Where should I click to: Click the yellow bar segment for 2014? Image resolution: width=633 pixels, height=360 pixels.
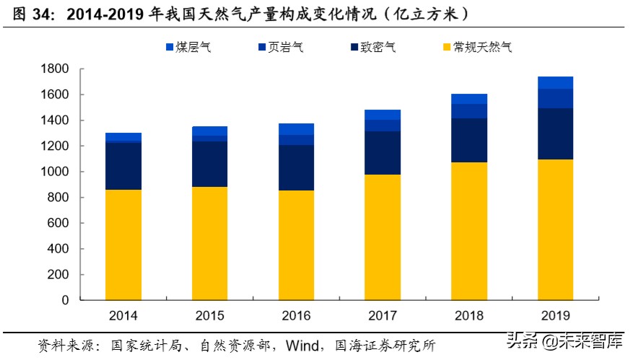[123, 245]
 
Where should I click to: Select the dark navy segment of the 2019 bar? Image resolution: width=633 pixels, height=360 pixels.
[555, 133]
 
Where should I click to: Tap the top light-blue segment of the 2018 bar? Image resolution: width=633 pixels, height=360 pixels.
[469, 99]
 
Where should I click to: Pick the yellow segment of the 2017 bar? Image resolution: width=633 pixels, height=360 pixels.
[383, 237]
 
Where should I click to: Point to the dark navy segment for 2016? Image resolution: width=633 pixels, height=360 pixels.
[296, 167]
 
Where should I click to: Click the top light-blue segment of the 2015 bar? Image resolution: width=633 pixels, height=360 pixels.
[209, 131]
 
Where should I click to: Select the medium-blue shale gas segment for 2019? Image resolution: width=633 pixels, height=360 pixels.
[555, 99]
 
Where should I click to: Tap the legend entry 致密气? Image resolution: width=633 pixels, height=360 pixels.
[374, 48]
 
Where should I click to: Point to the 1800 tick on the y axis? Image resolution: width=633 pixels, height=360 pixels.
[56, 69]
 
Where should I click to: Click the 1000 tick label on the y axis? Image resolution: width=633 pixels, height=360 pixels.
[56, 172]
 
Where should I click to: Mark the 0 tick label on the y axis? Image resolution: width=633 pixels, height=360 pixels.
[65, 300]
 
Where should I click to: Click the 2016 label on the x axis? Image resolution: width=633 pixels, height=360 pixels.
[296, 316]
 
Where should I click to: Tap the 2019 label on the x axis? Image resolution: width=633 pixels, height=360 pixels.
[555, 316]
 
